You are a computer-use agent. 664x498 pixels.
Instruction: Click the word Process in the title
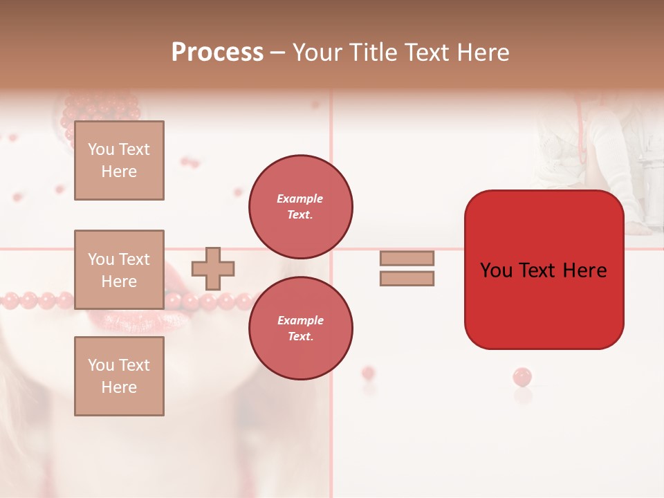pyautogui.click(x=217, y=53)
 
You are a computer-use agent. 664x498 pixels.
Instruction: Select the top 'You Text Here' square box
pyautogui.click(x=119, y=160)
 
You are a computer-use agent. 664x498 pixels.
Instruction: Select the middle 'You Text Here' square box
pyautogui.click(x=119, y=270)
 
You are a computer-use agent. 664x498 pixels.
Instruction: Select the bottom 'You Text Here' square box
pyautogui.click(x=119, y=376)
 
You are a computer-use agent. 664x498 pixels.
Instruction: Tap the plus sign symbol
pyautogui.click(x=213, y=268)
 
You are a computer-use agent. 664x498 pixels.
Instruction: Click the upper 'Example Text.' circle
pyautogui.click(x=300, y=207)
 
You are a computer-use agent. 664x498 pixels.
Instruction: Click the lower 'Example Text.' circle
pyautogui.click(x=300, y=329)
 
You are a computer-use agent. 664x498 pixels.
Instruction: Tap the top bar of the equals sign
pyautogui.click(x=407, y=258)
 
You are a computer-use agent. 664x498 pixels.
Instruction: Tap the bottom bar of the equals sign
pyautogui.click(x=407, y=279)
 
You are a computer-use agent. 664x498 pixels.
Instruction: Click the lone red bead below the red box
pyautogui.click(x=522, y=377)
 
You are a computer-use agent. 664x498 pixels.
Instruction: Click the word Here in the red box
pyautogui.click(x=584, y=270)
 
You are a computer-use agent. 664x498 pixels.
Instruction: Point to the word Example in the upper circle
pyautogui.click(x=300, y=199)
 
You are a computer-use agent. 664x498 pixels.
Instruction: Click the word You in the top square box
pyautogui.click(x=101, y=149)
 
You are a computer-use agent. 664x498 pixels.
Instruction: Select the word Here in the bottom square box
pyautogui.click(x=119, y=387)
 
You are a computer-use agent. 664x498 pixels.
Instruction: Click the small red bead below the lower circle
pyautogui.click(x=368, y=373)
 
